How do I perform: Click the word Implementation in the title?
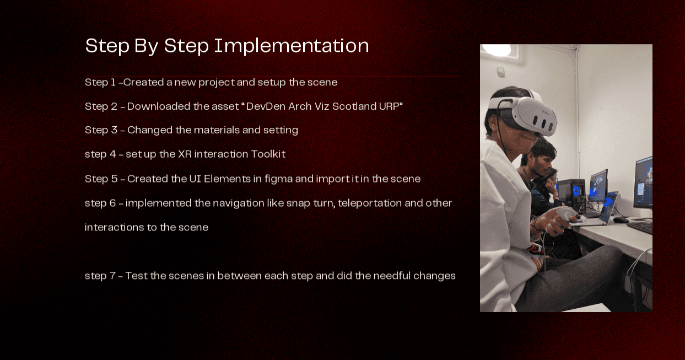click(292, 46)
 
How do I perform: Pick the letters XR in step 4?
click(185, 154)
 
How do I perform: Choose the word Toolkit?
click(268, 154)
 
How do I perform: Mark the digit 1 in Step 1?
click(113, 82)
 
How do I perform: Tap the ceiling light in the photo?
click(498, 50)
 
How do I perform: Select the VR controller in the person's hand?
click(564, 216)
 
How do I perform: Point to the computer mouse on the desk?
click(621, 219)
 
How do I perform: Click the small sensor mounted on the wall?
click(500, 72)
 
